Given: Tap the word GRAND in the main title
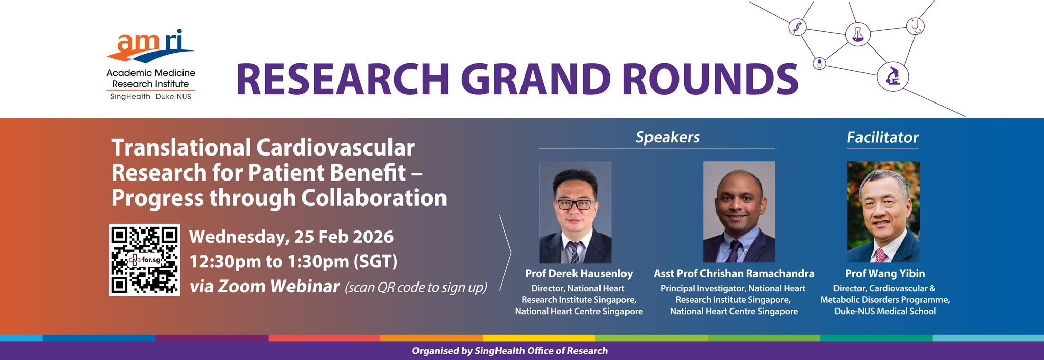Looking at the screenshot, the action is tap(536, 79).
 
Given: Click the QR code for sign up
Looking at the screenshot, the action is tap(144, 260).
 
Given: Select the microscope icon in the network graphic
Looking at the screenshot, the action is tap(893, 76).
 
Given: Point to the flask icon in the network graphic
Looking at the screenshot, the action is tap(857, 34).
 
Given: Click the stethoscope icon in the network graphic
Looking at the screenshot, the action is tap(916, 25).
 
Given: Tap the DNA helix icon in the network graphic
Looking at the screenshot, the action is tap(797, 27).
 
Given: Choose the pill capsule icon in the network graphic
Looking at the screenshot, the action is tap(819, 63).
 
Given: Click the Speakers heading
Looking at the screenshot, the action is tap(667, 137).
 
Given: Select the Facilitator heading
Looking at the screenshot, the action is tap(882, 137).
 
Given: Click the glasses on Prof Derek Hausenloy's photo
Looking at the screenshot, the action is tap(575, 204).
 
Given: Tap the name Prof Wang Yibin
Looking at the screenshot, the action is tap(885, 274).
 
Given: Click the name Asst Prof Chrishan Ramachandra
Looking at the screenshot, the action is tap(734, 274).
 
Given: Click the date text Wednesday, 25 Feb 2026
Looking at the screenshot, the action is tap(292, 237).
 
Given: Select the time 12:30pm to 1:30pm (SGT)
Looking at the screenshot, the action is tap(293, 262).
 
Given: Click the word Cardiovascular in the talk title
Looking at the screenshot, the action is tap(335, 148).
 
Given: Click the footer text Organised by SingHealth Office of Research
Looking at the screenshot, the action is tap(510, 351).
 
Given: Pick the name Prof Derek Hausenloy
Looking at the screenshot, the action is tap(579, 274).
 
